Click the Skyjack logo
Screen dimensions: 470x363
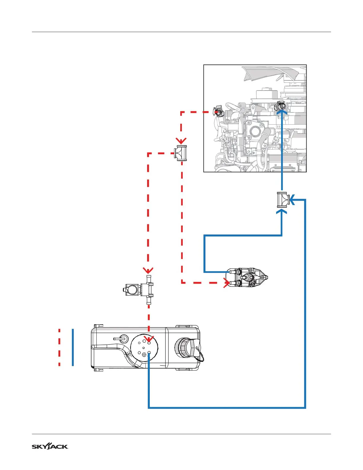(50, 447)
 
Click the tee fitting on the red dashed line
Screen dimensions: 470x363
(181, 153)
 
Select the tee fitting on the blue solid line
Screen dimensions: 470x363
(283, 200)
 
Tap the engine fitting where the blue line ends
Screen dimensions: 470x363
(281, 106)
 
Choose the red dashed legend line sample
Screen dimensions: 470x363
(59, 347)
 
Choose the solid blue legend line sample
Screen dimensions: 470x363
(73, 347)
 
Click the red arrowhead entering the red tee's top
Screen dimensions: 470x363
(181, 140)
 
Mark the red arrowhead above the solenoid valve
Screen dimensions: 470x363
(148, 270)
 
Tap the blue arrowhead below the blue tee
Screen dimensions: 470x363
(282, 212)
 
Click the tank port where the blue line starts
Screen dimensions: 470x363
(149, 353)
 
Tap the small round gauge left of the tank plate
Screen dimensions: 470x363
(123, 338)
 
